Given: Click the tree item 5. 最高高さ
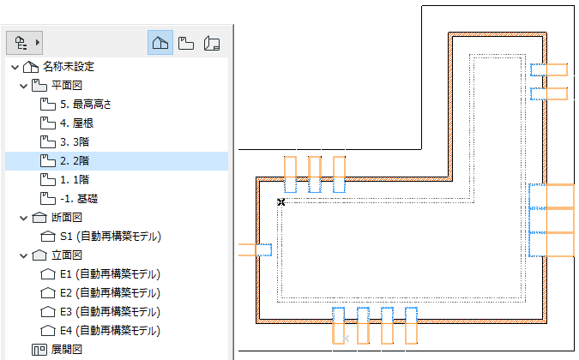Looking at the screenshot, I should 86,104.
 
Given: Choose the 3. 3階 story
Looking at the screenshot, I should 75,141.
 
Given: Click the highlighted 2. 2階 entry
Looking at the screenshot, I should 75,160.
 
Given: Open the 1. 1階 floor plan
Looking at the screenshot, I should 75,179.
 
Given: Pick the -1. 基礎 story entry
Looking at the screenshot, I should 79,198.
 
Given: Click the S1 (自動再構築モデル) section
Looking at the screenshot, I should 112,236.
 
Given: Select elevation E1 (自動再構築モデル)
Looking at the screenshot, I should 112,274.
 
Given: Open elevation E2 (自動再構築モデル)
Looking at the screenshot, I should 112,293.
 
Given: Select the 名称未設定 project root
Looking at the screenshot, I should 69,66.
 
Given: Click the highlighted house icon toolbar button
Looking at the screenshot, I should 160,42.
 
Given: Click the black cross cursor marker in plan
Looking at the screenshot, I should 280,201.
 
